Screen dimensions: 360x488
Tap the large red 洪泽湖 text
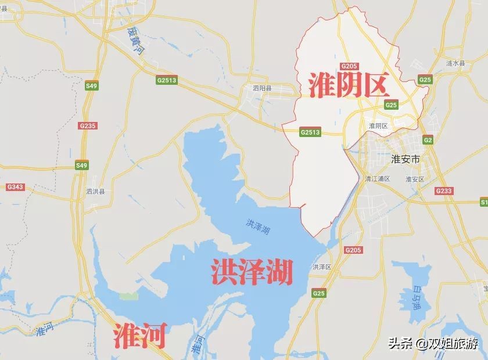point(251,271)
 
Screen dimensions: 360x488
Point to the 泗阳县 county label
point(262,89)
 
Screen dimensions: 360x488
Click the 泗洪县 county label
point(95,191)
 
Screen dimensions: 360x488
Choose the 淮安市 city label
point(406,158)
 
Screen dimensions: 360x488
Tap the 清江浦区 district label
point(378,178)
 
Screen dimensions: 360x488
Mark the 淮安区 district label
point(415,179)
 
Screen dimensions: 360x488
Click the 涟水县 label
point(455,63)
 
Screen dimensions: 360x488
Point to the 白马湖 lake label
point(416,295)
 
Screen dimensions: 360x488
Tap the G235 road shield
point(88,125)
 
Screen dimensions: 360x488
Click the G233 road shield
point(443,191)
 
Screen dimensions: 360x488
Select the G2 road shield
point(428,141)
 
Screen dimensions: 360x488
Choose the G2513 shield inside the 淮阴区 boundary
point(310,132)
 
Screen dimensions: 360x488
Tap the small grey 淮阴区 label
point(378,125)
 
